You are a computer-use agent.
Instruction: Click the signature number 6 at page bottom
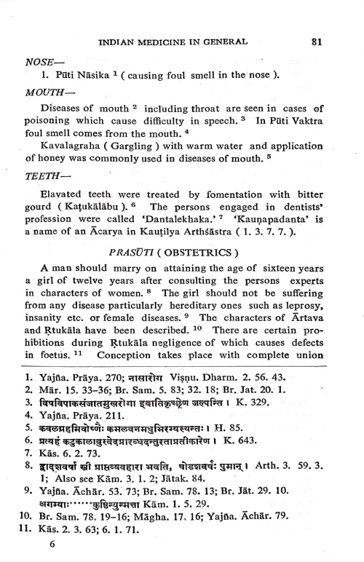click(52, 550)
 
